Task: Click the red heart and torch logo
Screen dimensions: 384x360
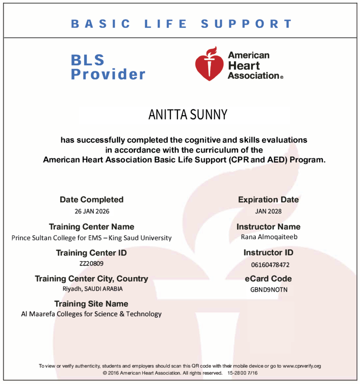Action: (209, 64)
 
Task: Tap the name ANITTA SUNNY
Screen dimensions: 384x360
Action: (187, 115)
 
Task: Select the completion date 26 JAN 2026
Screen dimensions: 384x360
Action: (92, 211)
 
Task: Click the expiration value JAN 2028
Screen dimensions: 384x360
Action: (268, 211)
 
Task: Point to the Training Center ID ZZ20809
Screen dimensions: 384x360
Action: (91, 263)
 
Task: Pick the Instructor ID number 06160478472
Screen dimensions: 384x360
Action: (270, 265)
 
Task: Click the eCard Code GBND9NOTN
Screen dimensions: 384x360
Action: (268, 289)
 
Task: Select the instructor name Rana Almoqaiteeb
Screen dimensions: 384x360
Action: (269, 237)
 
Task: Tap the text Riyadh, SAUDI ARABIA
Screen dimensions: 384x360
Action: (92, 289)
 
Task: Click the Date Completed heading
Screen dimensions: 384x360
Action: (91, 199)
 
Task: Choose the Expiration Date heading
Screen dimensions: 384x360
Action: (268, 199)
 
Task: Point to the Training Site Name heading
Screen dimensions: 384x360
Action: (91, 304)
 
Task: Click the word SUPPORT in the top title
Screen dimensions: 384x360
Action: (246, 24)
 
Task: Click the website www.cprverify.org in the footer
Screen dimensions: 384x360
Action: (301, 366)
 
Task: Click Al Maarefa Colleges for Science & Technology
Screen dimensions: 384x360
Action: (91, 314)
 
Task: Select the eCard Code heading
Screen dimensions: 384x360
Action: (268, 279)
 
